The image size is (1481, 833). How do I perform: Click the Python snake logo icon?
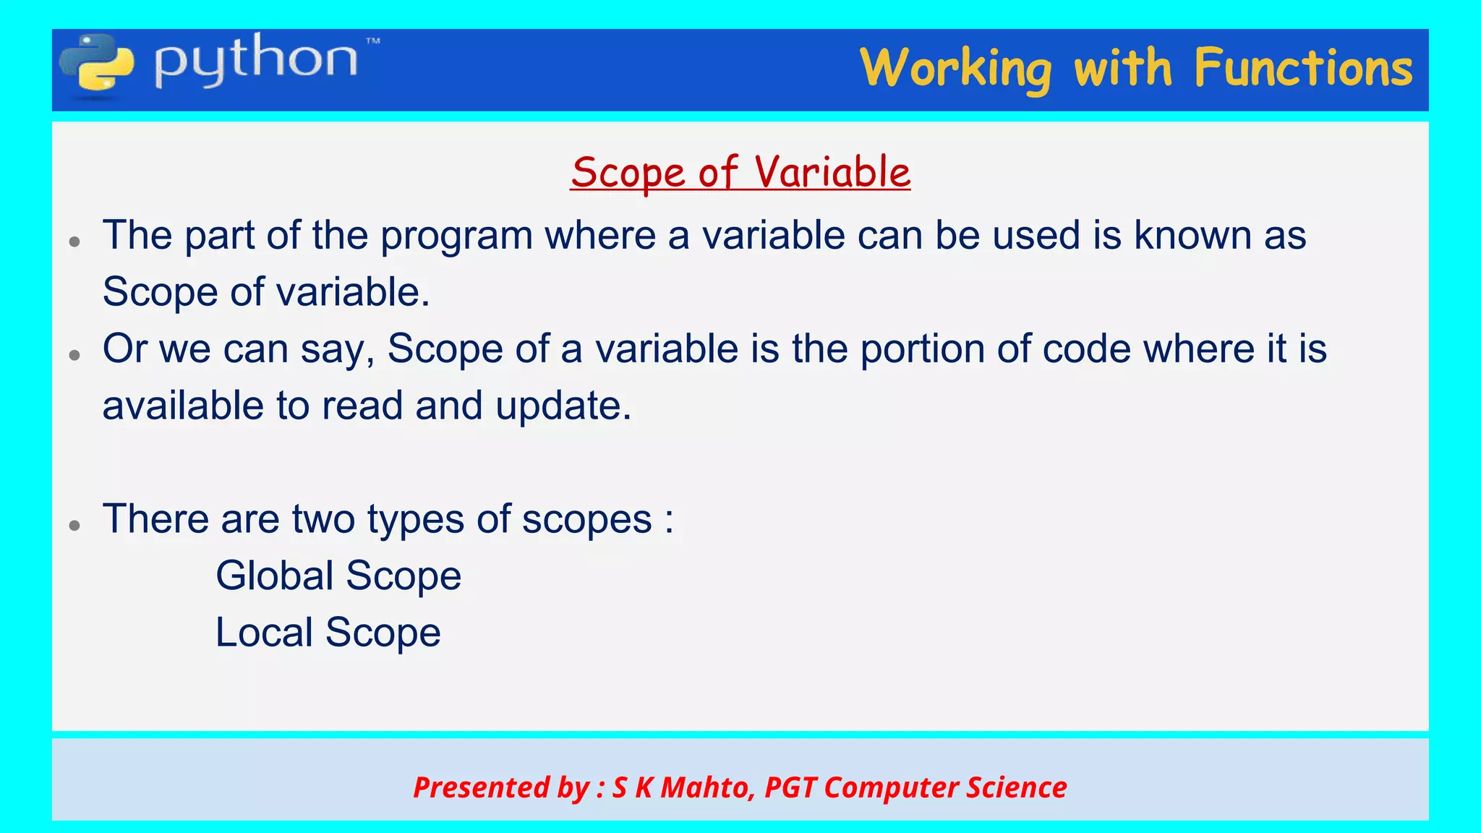[96, 65]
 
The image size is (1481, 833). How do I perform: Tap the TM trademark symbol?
[373, 41]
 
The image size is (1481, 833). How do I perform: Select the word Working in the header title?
[955, 69]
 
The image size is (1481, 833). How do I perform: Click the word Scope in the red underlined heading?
[628, 173]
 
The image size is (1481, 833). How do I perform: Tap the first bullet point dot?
[74, 242]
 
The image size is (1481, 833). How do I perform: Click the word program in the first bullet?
[456, 236]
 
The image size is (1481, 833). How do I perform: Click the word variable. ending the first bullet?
[354, 292]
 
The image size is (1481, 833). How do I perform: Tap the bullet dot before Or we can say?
[74, 354]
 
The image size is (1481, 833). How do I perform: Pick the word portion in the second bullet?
[922, 349]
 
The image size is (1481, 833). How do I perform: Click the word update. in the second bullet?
[563, 406]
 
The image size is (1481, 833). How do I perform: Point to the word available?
[183, 406]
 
